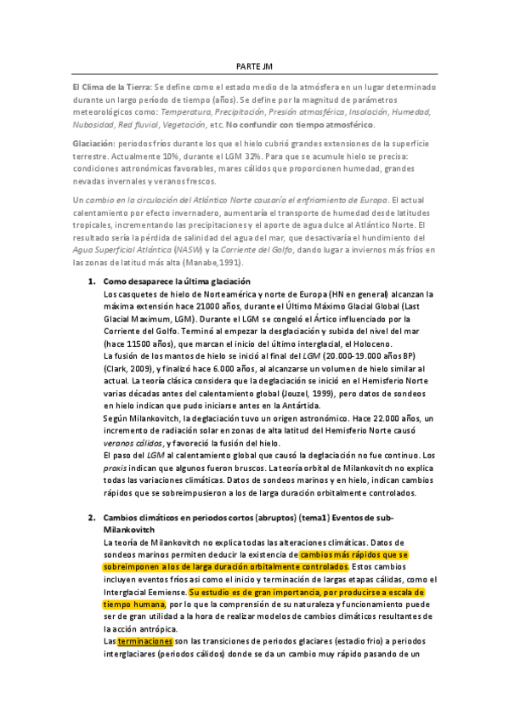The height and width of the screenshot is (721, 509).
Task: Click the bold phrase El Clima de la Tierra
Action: (x=111, y=88)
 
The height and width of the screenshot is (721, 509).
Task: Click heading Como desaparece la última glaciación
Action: (x=177, y=281)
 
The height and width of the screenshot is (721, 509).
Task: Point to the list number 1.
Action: (x=92, y=281)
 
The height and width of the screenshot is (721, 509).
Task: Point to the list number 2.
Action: (x=92, y=518)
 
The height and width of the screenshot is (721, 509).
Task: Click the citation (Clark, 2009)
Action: (x=127, y=366)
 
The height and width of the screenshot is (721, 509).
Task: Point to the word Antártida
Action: (x=254, y=407)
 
